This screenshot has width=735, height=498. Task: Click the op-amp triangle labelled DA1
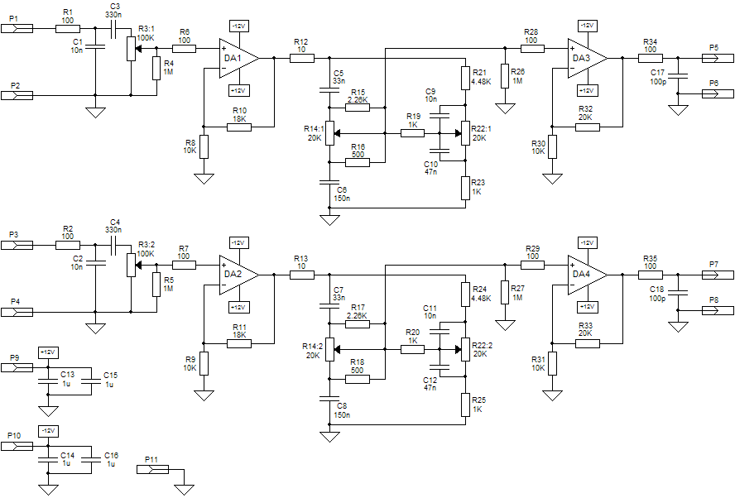coord(238,58)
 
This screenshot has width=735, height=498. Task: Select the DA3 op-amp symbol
coord(588,58)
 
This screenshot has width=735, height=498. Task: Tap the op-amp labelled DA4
coord(588,275)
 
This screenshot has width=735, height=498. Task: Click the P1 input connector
coord(17,29)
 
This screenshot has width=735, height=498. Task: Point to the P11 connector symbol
coord(152,469)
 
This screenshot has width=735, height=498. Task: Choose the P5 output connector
coord(718,58)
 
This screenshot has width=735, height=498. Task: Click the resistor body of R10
coord(239,127)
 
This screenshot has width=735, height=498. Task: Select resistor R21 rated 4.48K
coord(465,77)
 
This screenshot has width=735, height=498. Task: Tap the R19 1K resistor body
coord(412,133)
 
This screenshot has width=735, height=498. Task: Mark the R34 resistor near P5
coord(651,58)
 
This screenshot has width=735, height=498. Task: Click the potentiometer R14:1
coord(330,133)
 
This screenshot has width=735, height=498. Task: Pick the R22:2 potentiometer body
coord(464,349)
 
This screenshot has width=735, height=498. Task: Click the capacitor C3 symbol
coord(113,29)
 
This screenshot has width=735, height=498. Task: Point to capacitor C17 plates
coord(677,76)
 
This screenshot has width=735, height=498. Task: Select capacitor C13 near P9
coord(48,381)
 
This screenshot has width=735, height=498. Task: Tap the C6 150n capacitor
coord(329,182)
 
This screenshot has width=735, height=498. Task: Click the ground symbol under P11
coord(185,490)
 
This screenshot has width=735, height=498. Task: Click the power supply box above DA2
coord(239,242)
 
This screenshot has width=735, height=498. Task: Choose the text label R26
coord(518,72)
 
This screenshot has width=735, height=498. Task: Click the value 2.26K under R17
coord(358,316)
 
